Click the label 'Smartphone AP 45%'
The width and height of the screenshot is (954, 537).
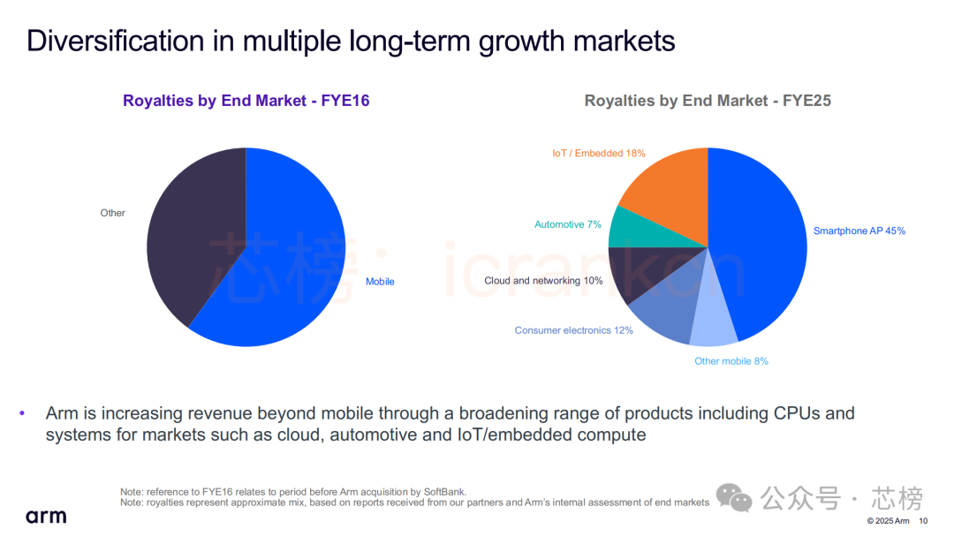[859, 231]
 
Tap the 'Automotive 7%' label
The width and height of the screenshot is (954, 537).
[567, 224]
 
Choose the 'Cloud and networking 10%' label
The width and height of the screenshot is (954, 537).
[543, 281]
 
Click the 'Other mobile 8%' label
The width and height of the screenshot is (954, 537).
[731, 361]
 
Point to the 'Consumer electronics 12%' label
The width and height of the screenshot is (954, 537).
[573, 330]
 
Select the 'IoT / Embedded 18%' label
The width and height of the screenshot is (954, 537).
[598, 153]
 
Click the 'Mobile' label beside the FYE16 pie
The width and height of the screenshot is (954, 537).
[380, 282]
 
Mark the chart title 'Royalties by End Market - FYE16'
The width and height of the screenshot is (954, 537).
[246, 101]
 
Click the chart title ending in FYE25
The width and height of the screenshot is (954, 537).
[707, 101]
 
